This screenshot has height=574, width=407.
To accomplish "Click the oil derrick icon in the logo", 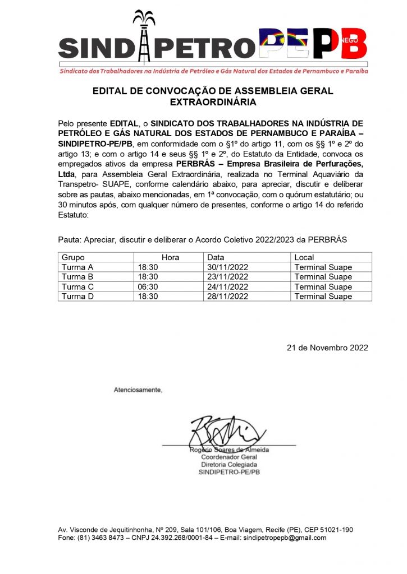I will click(x=143, y=36).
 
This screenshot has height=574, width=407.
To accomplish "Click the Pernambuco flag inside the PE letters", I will click(x=283, y=42).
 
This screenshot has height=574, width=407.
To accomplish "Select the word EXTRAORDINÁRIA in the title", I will click(x=213, y=103).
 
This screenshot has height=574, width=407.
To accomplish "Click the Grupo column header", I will click(x=73, y=257).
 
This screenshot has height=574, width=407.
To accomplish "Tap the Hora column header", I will click(x=170, y=257).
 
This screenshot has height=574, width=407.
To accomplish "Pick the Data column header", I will click(x=216, y=257).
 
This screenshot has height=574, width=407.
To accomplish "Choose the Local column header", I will click(x=304, y=257).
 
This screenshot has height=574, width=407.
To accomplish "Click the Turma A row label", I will click(x=77, y=267).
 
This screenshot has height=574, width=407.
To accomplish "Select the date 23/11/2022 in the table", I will click(x=227, y=276).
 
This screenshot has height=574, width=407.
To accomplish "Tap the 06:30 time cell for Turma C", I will click(x=148, y=286).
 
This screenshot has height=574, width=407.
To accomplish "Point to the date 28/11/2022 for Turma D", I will click(x=227, y=296).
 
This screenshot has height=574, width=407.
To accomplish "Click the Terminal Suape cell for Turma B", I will click(x=323, y=276).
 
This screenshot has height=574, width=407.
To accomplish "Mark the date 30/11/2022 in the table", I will click(x=227, y=267).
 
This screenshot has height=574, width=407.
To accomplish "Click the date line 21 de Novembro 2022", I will click(x=327, y=348).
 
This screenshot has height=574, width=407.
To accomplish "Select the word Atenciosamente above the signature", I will click(x=138, y=389).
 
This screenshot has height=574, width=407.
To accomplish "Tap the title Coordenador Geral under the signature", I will click(x=229, y=457).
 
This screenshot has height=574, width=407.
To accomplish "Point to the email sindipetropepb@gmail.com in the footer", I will click(x=283, y=538).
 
